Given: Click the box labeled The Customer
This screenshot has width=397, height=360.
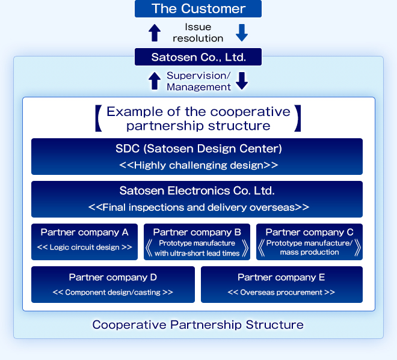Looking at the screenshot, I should coord(198,8).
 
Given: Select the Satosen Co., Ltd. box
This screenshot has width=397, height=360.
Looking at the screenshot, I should coord(198,57).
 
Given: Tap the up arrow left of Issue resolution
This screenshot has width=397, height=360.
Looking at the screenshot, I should coord(155,32).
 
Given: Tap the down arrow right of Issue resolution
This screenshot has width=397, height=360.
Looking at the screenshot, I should coord(242,32).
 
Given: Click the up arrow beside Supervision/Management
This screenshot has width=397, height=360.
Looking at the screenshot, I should coord(155,81).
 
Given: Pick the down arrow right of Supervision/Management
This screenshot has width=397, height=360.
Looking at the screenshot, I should coord(242,81).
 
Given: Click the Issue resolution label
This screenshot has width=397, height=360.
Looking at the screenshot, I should coord(198,32).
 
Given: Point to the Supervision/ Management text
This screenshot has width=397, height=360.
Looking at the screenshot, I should coord(198,81).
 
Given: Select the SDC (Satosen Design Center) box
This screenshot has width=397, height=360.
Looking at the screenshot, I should coord(197,156).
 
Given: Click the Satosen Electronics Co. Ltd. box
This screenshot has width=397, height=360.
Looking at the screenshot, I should coord(197,199).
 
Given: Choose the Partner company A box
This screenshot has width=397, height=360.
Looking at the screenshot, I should coord(84,242).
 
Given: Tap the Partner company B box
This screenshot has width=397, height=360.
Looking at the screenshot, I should coord(197,242).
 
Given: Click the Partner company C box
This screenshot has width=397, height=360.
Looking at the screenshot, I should coord(309,242).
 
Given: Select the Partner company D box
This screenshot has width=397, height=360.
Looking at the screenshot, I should coord(113,284).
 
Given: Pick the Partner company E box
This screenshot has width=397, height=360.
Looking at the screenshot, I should coord(282,284).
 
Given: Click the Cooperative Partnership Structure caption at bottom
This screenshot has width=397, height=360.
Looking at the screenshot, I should coord(198,325).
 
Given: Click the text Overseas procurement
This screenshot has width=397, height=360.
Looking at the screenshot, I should coord(282,292).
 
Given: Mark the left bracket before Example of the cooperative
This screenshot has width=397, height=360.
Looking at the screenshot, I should coord(98,119).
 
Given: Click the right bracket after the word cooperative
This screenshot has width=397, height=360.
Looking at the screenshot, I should coord(297,119).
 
